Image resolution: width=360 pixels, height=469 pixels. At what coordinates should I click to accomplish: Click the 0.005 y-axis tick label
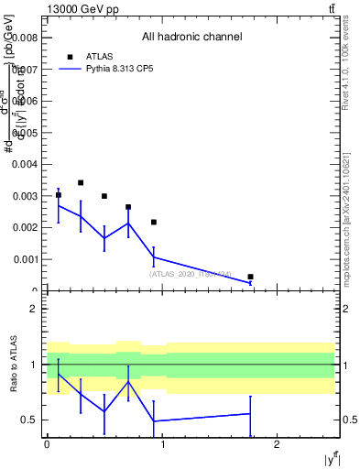pyautogui.click(x=25, y=133)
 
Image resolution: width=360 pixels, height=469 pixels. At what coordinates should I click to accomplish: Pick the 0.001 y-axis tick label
pyautogui.click(x=25, y=259)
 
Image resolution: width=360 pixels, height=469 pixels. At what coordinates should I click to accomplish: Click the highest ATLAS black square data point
pyautogui.click(x=81, y=183)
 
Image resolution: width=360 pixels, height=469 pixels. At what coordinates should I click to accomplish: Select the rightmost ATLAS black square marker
pyautogui.click(x=250, y=277)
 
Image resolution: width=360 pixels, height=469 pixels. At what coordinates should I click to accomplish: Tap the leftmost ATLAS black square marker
pyautogui.click(x=58, y=195)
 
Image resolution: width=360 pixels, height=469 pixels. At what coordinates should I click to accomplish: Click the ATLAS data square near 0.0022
pyautogui.click(x=153, y=223)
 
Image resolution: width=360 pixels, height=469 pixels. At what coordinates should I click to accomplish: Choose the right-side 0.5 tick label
pyautogui.click(x=349, y=420)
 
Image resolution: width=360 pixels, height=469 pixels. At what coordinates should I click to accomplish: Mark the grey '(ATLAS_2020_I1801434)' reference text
pyautogui.click(x=191, y=274)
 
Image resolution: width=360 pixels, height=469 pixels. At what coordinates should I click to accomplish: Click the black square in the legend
pyautogui.click(x=70, y=57)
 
